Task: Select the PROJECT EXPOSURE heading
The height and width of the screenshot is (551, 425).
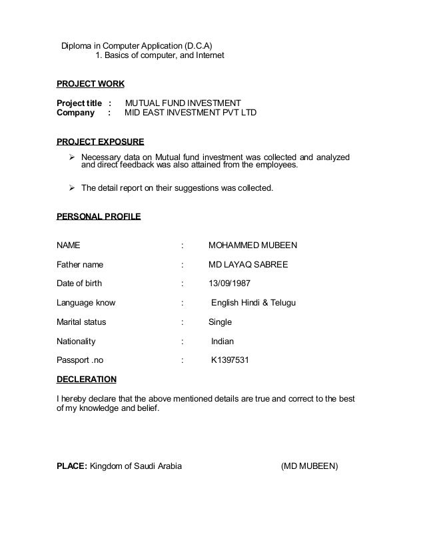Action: (x=100, y=141)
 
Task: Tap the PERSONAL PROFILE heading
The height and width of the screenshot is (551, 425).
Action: (x=98, y=217)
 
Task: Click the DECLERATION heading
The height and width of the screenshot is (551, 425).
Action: (x=87, y=380)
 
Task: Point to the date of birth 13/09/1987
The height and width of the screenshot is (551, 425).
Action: (x=230, y=284)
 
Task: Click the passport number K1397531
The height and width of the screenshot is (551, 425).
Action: (x=230, y=361)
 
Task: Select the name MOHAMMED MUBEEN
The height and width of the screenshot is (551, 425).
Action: (x=252, y=245)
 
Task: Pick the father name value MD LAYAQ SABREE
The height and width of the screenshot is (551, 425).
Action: (x=248, y=264)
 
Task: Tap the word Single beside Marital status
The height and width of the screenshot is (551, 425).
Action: (x=220, y=322)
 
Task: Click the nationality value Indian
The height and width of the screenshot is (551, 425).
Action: (x=222, y=342)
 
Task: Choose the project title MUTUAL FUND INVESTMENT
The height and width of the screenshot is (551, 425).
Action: (x=183, y=103)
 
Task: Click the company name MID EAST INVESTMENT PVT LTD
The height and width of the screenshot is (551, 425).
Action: (x=191, y=113)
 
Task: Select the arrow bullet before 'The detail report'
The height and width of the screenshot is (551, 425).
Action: (x=74, y=188)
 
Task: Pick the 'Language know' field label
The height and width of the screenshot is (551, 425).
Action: (x=86, y=303)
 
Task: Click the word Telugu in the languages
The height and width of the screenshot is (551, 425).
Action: (x=282, y=303)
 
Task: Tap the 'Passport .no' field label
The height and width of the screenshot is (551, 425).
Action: (x=81, y=361)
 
